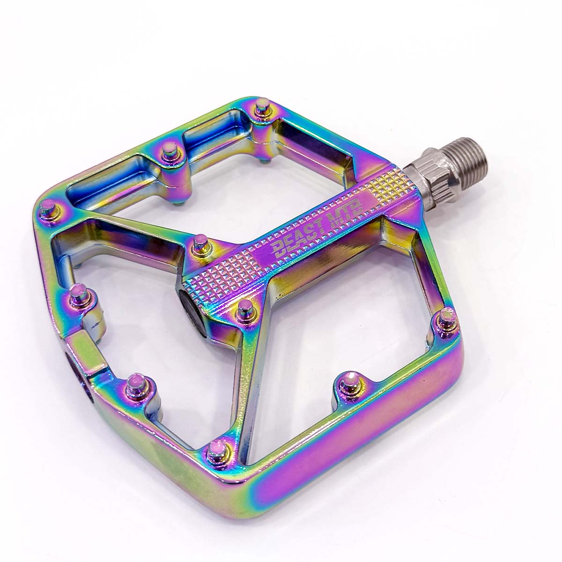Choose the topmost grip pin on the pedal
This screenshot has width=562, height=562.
point(263,109)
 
